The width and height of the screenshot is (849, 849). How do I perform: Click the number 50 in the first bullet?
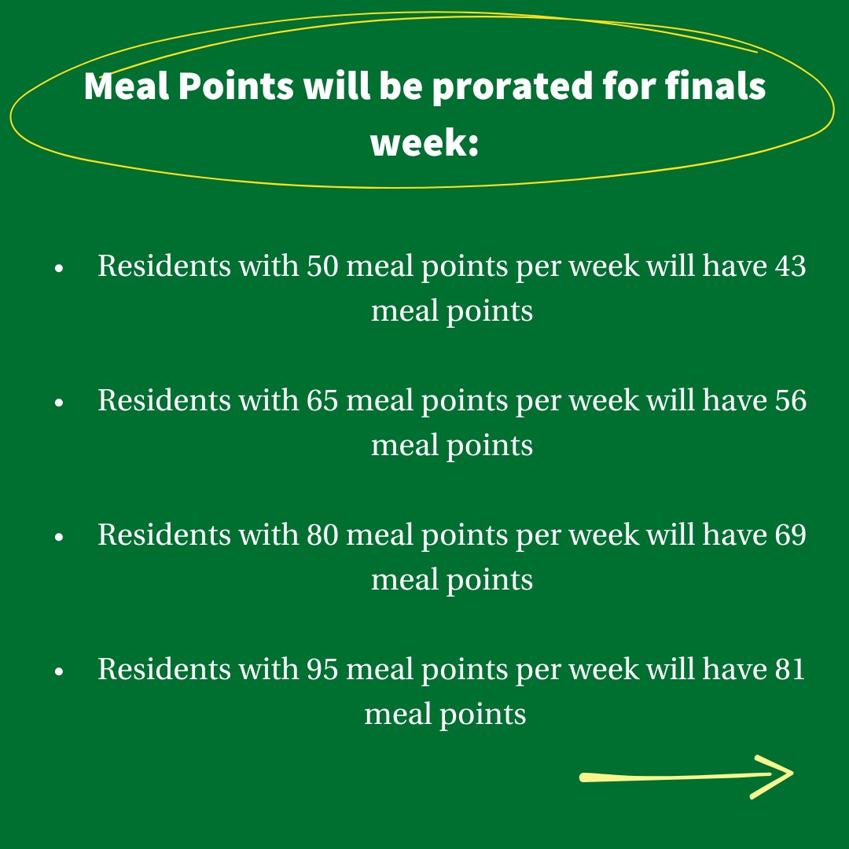(322, 266)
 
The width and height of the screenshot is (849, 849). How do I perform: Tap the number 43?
(789, 266)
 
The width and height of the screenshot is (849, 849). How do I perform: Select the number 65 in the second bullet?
(322, 401)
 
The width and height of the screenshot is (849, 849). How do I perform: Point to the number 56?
(789, 401)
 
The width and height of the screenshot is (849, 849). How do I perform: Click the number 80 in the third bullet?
(322, 535)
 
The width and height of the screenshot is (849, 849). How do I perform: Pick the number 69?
(789, 535)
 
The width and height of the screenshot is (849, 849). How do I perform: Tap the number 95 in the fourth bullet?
(322, 670)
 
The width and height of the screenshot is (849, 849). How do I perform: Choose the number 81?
(788, 670)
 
